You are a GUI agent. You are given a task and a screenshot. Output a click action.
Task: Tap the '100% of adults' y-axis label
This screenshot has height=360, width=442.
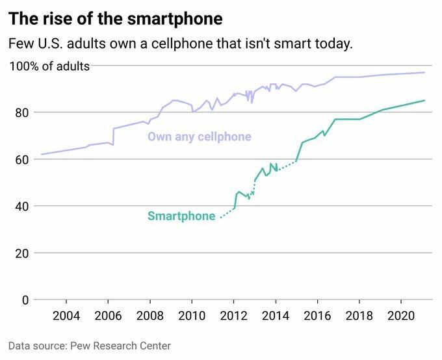click(x=49, y=66)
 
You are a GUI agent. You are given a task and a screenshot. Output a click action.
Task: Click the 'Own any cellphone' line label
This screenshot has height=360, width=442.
click(x=199, y=137)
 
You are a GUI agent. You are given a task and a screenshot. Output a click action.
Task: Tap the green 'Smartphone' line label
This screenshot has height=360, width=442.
click(x=181, y=216)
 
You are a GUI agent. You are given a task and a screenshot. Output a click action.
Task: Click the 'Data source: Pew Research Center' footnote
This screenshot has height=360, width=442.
click(x=90, y=346)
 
